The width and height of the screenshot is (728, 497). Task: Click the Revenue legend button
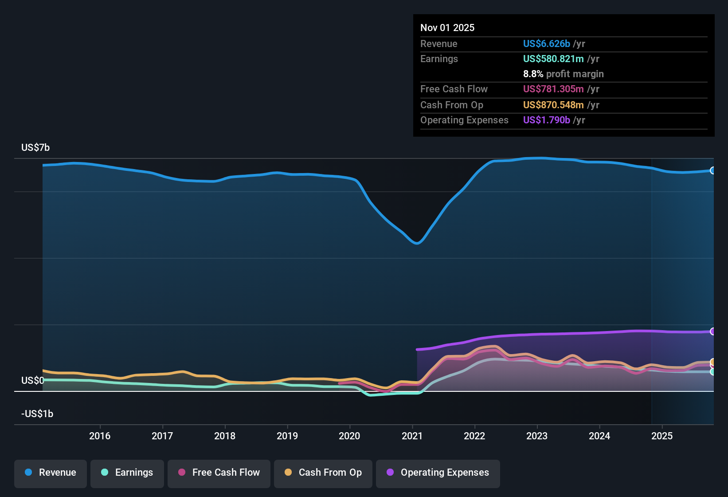click(51, 473)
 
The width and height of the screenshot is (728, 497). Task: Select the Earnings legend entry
click(127, 473)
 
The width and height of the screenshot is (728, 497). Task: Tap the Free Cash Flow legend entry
click(219, 473)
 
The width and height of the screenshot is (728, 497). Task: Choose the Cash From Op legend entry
click(323, 473)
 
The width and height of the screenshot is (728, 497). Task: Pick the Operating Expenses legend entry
click(438, 473)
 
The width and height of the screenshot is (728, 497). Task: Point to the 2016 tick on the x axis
click(100, 436)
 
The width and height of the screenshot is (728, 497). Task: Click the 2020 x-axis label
click(349, 436)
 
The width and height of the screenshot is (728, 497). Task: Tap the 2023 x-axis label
click(537, 436)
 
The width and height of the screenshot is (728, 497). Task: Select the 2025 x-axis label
click(662, 436)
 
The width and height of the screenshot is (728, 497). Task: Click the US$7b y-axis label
click(35, 147)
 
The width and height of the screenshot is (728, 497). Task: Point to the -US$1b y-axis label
click(37, 414)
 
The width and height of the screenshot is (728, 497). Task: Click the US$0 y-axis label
click(32, 380)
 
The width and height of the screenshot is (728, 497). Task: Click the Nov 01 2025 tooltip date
click(447, 28)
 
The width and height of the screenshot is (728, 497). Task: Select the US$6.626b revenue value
click(546, 43)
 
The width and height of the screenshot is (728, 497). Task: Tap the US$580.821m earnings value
click(553, 59)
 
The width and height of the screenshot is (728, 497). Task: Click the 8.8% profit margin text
click(563, 74)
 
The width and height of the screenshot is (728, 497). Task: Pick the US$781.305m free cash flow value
click(553, 89)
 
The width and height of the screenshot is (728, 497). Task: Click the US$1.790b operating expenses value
click(546, 120)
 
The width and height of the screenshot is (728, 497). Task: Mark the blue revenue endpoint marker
click(712, 170)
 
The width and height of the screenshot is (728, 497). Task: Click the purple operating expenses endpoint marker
click(712, 331)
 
